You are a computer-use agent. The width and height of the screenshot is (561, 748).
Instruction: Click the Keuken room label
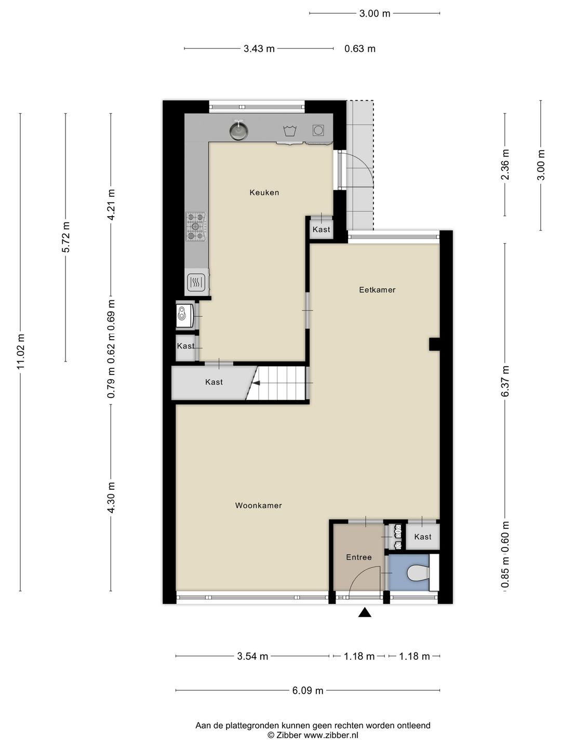tap(264, 193)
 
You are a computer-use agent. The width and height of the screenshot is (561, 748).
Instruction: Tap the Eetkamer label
tap(377, 290)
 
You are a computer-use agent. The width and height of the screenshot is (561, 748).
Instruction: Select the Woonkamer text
tap(258, 505)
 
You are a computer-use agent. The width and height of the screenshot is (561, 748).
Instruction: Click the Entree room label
tap(358, 557)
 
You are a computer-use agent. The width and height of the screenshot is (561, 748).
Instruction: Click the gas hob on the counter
tap(196, 226)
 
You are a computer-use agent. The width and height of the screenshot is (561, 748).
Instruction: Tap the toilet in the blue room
tap(418, 573)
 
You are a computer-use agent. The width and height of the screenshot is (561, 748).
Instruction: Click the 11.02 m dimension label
tap(21, 351)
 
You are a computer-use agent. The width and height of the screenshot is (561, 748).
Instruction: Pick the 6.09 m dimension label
tap(308, 690)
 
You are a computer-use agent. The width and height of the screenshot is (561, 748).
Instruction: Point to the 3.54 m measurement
tap(252, 656)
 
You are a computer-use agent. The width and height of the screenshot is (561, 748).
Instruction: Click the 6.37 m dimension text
tap(505, 381)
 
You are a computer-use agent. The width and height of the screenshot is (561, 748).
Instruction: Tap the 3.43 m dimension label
tap(259, 49)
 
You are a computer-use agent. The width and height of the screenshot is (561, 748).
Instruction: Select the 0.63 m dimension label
tap(359, 49)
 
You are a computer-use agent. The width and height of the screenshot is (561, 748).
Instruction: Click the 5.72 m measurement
tap(66, 237)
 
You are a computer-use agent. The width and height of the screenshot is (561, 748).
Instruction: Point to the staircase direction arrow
tap(256, 383)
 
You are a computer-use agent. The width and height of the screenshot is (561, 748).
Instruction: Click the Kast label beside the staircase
tap(214, 382)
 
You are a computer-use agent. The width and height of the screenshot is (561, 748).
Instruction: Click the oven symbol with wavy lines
tap(196, 282)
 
